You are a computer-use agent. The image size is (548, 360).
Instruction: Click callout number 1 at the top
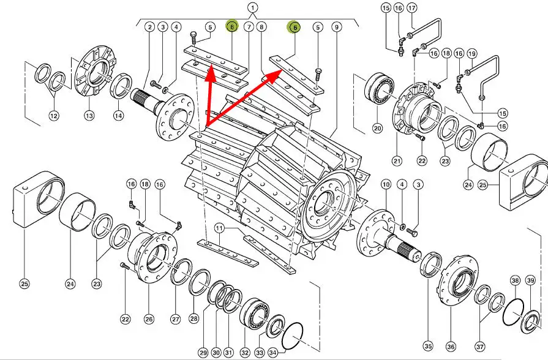coord(253,7)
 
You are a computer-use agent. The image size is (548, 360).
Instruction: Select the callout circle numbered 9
coord(336,27)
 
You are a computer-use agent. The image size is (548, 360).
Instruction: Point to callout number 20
coord(377,128)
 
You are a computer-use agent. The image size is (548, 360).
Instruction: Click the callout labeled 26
coord(148,318)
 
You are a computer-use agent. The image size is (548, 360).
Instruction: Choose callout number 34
coord(273,353)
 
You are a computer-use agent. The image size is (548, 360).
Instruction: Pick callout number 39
coord(530,280)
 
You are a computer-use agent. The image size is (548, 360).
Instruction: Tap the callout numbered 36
coord(451,347)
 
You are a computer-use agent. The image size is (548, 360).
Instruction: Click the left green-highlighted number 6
coord(232,26)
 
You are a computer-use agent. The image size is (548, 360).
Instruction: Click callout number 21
coord(397,161)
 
